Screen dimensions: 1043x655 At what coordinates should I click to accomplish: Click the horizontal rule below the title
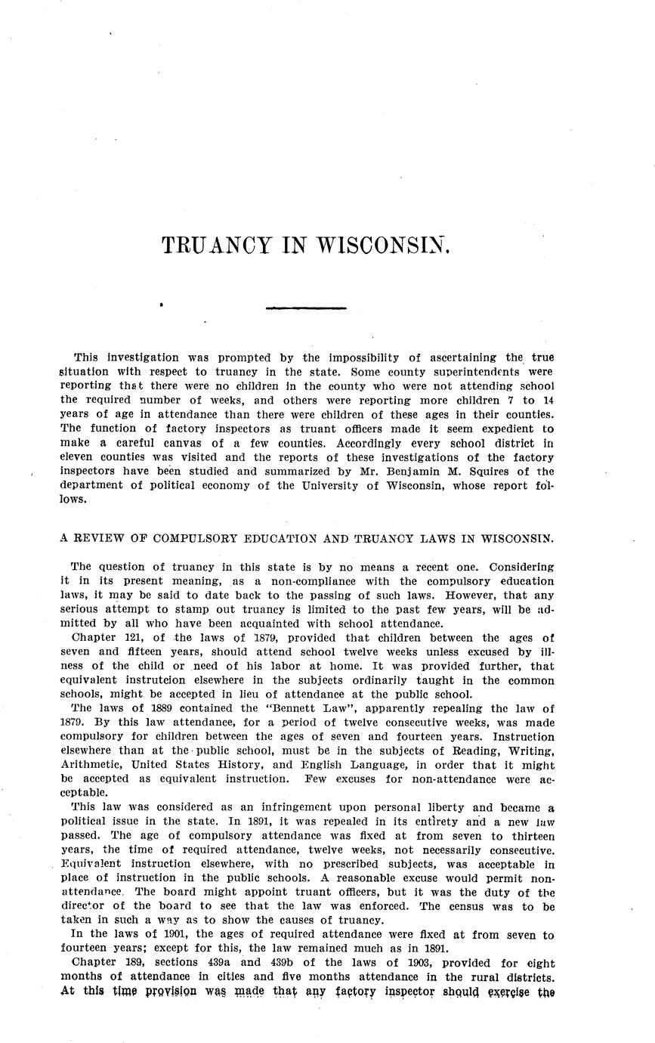click(x=306, y=308)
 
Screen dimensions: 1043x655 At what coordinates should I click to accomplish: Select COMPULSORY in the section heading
click(x=194, y=539)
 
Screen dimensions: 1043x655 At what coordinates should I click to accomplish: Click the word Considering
click(x=521, y=567)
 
